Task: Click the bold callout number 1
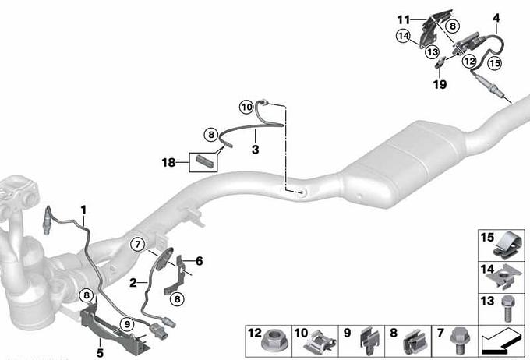(x=83, y=210)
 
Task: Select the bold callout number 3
(x=255, y=149)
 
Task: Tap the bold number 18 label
(x=168, y=163)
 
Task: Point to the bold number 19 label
(x=440, y=84)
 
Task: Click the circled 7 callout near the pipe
(x=138, y=244)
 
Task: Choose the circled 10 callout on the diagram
(x=247, y=108)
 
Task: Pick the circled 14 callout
(x=403, y=36)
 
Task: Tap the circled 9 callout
(x=127, y=324)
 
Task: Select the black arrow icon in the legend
(x=501, y=341)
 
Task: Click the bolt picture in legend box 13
(x=507, y=309)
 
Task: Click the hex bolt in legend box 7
(x=459, y=340)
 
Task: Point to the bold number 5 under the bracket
(x=100, y=353)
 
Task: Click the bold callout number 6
(x=200, y=261)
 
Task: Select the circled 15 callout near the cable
(x=494, y=63)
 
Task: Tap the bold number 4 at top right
(x=496, y=18)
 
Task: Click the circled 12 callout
(x=469, y=62)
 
